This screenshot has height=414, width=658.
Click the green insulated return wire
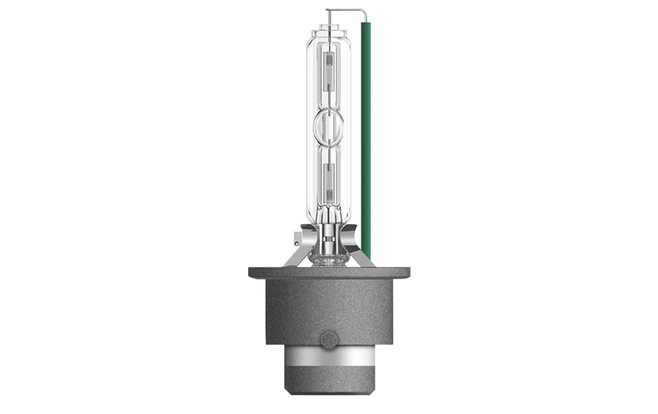pyautogui.click(x=366, y=140)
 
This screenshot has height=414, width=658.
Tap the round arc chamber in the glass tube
pyautogui.click(x=328, y=125)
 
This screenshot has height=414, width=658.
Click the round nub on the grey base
pyautogui.click(x=329, y=338)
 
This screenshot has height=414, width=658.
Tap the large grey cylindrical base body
pyautogui.click(x=329, y=309)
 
